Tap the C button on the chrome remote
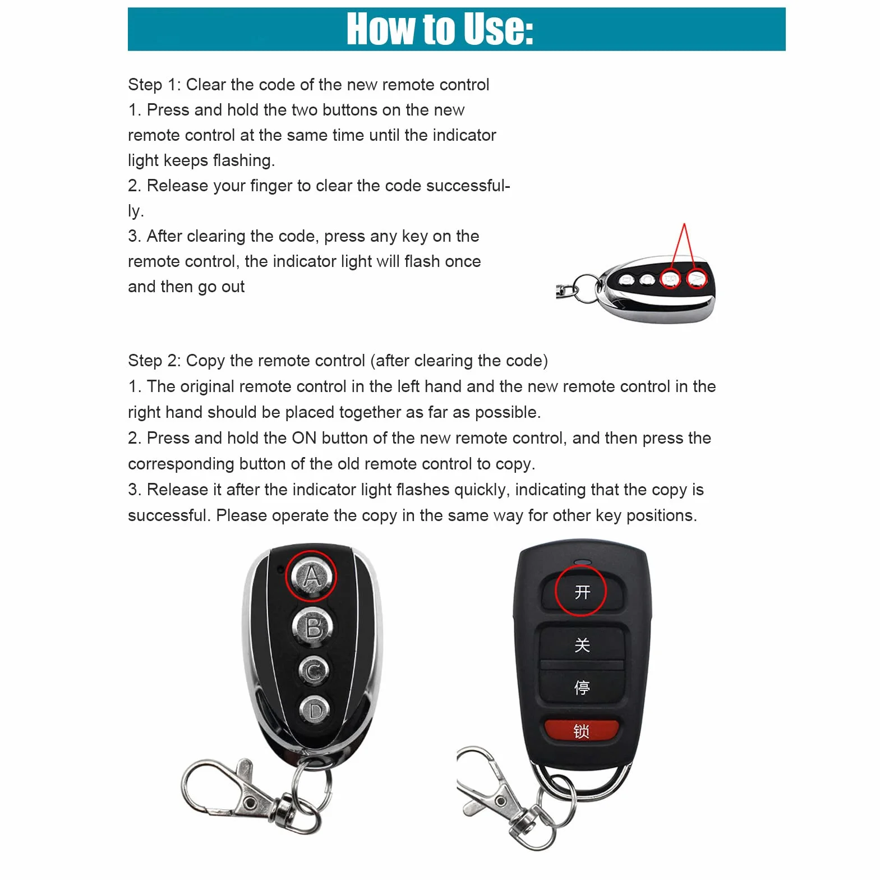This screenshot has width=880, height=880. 314,670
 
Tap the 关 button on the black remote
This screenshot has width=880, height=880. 582,644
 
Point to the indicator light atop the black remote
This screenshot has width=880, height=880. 582,561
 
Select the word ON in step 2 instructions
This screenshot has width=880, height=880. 304,438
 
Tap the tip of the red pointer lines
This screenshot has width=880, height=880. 684,224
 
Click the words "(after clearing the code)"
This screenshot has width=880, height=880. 459,361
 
